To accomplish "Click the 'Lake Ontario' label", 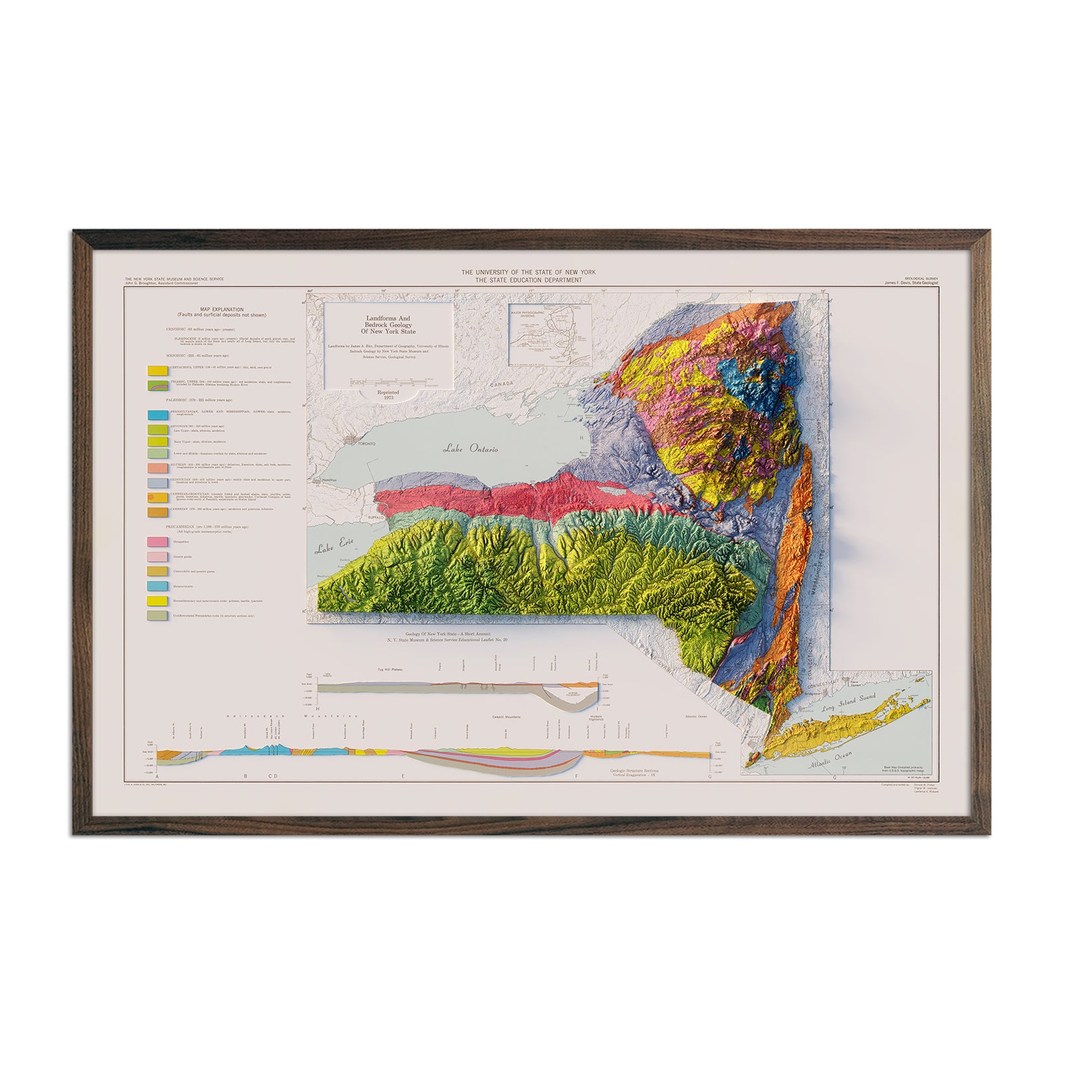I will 471,449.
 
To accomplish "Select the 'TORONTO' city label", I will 367,443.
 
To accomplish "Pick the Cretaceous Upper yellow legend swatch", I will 158,370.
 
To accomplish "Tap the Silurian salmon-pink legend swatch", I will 158,467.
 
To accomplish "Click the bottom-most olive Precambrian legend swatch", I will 158,616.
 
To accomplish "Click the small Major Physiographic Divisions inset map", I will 550,336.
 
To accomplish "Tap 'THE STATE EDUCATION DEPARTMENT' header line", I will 529,280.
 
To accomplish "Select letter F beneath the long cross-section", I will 576,776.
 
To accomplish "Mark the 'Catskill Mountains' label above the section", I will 506,717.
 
